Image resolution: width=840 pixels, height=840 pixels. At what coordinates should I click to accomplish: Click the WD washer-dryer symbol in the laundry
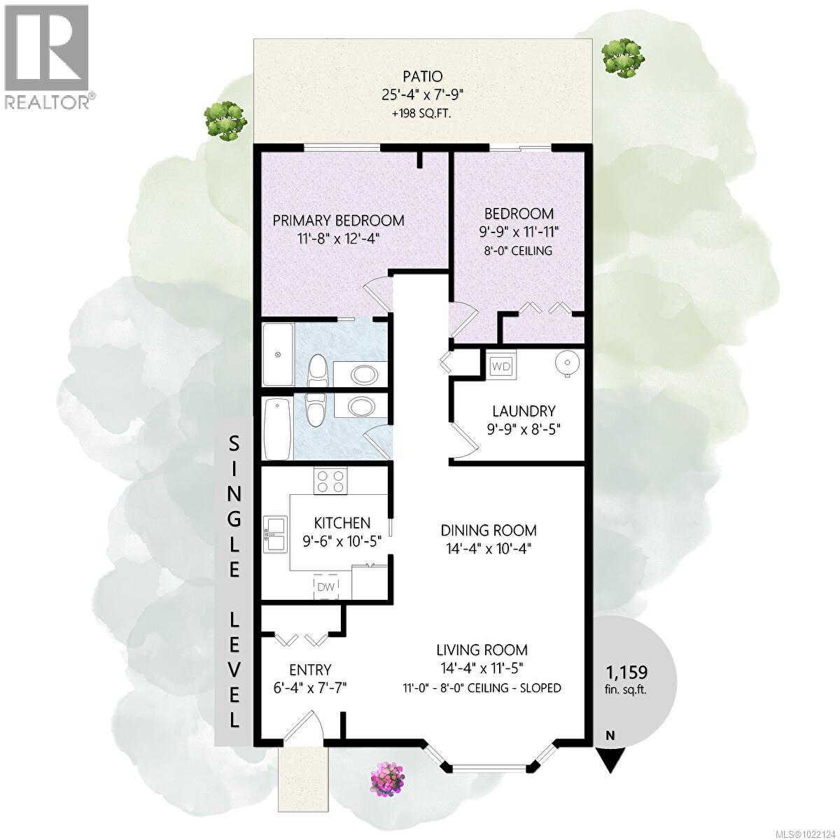[500, 365]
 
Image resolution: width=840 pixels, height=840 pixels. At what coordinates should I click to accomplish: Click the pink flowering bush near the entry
[387, 776]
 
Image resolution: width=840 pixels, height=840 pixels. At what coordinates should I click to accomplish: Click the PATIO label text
[423, 76]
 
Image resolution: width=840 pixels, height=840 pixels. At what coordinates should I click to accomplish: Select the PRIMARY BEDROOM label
[338, 220]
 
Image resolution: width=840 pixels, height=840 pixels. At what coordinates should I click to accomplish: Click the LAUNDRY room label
[524, 411]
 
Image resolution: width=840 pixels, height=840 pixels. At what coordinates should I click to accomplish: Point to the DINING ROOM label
[489, 530]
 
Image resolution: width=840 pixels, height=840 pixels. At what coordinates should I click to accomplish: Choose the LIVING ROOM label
[482, 650]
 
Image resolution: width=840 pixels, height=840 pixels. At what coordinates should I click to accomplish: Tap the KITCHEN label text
[342, 523]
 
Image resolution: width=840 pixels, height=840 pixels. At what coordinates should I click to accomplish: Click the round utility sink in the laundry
[564, 364]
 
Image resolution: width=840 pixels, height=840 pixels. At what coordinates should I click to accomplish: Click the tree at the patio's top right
[620, 55]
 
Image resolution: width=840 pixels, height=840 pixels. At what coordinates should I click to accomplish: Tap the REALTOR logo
[46, 56]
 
